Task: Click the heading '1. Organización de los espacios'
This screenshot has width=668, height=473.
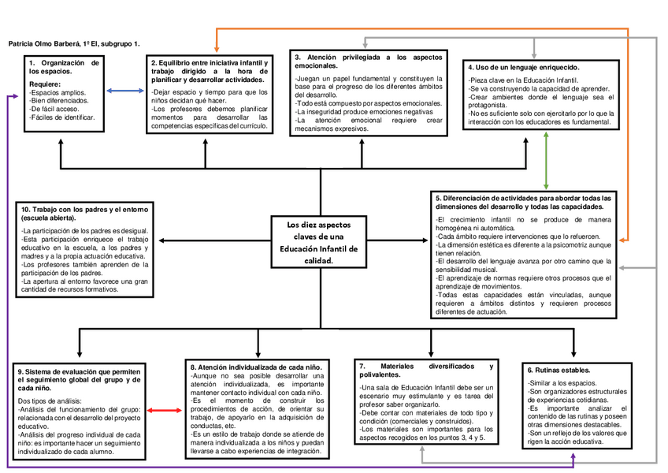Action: tap(64, 67)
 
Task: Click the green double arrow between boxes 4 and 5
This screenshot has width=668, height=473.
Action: tap(547, 158)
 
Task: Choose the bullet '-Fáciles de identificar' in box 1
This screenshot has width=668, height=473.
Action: tap(62, 117)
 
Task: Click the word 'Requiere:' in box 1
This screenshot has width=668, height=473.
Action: tap(46, 84)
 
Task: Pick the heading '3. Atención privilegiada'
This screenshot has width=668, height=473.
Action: tap(367, 61)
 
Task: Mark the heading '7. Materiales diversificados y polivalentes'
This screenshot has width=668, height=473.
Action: tap(425, 371)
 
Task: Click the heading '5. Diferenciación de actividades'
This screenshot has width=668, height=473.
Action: tap(524, 202)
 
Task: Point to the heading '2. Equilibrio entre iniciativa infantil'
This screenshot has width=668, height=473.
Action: tap(210, 71)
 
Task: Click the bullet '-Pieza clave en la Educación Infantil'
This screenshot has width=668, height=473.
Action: tap(524, 80)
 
